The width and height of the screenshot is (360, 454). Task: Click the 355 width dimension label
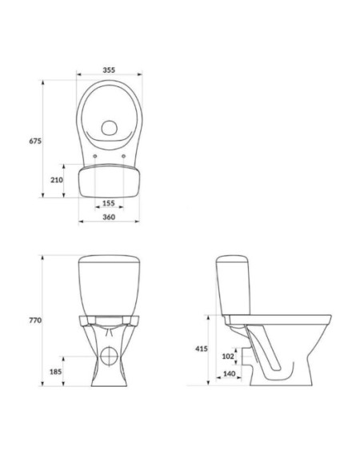tap(109, 70)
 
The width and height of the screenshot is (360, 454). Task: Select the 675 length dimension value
tap(35, 141)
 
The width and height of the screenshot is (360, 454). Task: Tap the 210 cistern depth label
tap(57, 180)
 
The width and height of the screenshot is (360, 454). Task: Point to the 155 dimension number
tap(109, 203)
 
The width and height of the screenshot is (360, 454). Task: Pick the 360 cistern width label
tap(109, 217)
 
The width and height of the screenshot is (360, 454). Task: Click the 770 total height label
tap(35, 321)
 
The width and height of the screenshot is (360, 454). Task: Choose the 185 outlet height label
tap(56, 372)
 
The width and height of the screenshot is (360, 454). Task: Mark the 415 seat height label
tap(201, 349)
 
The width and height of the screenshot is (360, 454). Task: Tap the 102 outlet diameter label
tap(228, 356)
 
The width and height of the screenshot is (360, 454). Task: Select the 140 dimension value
tap(230, 374)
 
